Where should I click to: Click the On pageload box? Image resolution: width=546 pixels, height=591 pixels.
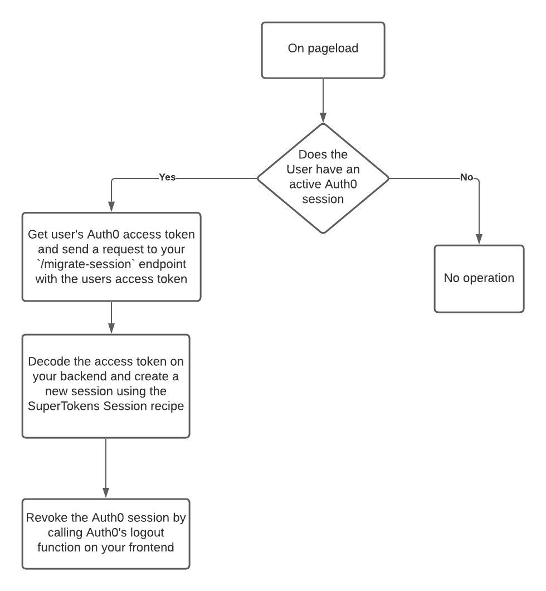[x=323, y=50]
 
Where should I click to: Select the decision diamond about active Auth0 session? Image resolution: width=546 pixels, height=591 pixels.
[x=323, y=178]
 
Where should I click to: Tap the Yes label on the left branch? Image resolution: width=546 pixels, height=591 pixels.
[x=167, y=177]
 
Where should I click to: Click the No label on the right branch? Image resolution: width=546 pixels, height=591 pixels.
[x=466, y=177]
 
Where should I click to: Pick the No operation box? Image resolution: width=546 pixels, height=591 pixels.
[x=479, y=279]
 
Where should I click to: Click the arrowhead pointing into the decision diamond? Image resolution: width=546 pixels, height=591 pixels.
[x=323, y=118]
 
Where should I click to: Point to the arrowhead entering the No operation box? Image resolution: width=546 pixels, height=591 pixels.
[x=479, y=239]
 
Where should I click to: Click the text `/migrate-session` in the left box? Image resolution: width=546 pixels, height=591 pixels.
[x=85, y=264]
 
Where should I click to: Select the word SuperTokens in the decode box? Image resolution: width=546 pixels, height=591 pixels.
[x=64, y=406]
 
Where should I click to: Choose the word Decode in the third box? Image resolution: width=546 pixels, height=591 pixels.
[x=50, y=361]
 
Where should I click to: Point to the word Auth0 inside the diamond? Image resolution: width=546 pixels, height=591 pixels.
[x=340, y=184]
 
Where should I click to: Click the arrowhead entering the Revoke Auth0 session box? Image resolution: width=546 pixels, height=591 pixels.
[x=106, y=493]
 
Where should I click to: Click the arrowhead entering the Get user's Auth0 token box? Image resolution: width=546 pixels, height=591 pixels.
[x=111, y=206]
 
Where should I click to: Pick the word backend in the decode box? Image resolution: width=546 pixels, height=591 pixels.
[x=84, y=376]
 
